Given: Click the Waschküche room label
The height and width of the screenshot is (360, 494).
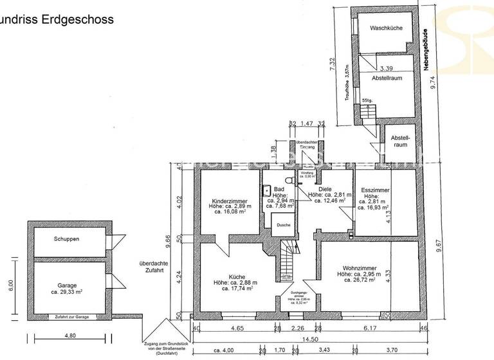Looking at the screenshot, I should [386, 28].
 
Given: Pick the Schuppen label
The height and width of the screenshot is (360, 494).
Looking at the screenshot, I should [67, 239].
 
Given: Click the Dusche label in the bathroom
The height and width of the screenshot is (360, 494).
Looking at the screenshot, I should [283, 225].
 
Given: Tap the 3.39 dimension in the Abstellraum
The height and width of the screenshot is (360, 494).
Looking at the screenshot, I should [387, 68].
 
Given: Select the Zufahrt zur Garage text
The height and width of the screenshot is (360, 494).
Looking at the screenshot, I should [73, 316].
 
